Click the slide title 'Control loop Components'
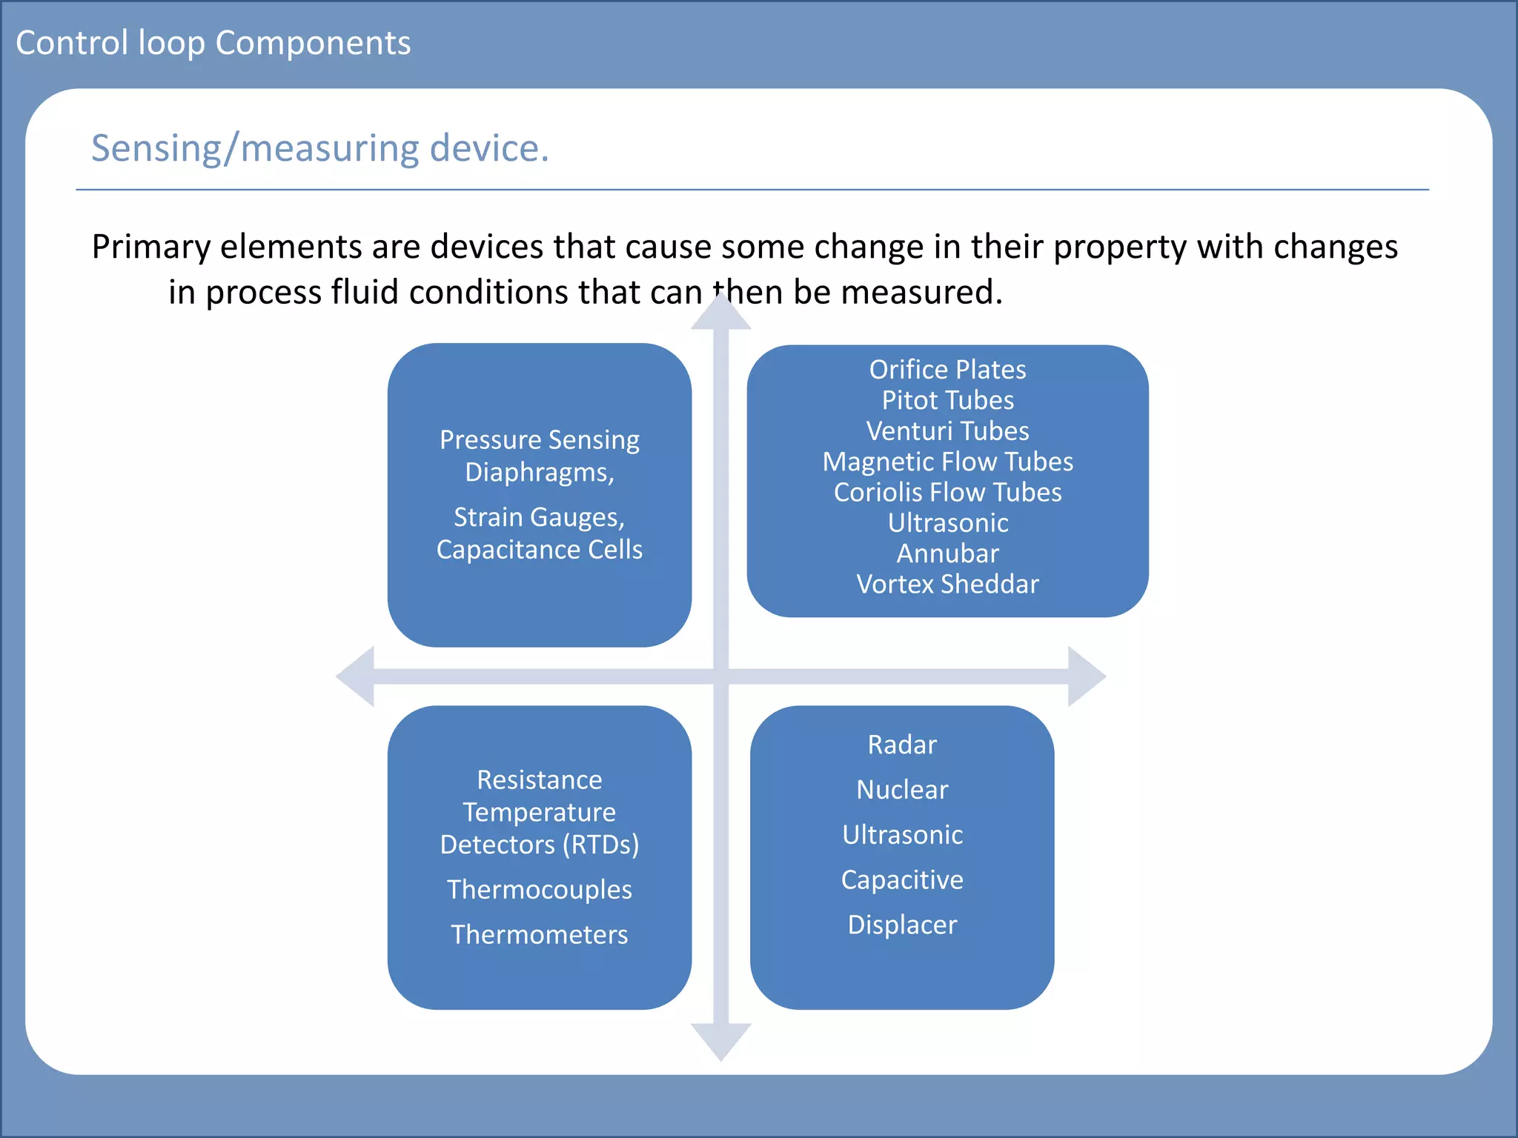[213, 43]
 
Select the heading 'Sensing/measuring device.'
[319, 148]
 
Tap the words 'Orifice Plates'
[947, 369]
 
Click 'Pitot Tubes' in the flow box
[947, 400]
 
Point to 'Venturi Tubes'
[947, 430]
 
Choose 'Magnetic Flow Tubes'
[947, 462]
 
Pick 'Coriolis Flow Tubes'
[947, 492]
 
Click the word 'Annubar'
[947, 553]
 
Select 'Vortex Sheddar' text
[947, 584]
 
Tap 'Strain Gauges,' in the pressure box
[539, 517]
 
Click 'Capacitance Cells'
[539, 549]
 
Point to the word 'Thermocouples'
[539, 889]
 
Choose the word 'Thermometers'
[539, 934]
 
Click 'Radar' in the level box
[902, 745]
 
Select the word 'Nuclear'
[902, 790]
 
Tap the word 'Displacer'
[902, 925]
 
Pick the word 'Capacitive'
[902, 879]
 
